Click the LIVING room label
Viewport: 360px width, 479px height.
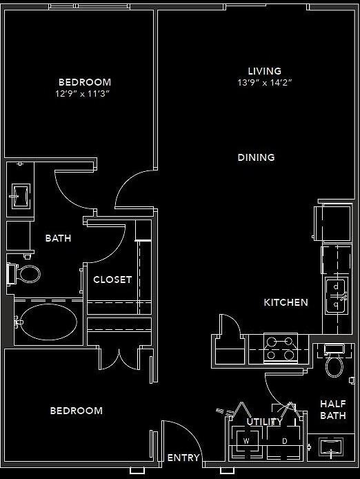(x=265, y=71)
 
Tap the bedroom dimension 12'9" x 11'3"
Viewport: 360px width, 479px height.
(x=84, y=93)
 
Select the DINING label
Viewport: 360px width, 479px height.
(x=257, y=157)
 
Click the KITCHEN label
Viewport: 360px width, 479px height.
(x=286, y=302)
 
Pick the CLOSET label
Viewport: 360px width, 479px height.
(x=112, y=280)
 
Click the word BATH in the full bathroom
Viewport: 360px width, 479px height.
(x=59, y=238)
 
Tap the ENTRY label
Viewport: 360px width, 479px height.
(x=183, y=458)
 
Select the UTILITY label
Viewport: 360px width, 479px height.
(x=265, y=422)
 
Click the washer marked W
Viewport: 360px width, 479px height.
(x=246, y=440)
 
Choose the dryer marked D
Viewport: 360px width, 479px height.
(x=284, y=440)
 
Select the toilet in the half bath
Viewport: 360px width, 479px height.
(x=334, y=366)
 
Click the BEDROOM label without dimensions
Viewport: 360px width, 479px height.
(x=77, y=411)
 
